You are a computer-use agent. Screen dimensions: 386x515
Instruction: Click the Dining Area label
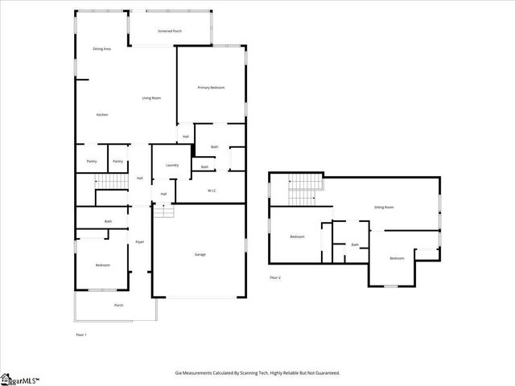pyautogui.click(x=101, y=49)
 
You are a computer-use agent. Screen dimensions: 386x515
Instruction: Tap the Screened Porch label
pyautogui.click(x=170, y=32)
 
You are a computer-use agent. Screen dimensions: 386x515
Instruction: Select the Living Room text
pyautogui.click(x=151, y=98)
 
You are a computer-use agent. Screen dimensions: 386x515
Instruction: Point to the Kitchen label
pyautogui.click(x=102, y=115)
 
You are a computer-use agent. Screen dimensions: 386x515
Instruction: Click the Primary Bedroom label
pyautogui.click(x=211, y=87)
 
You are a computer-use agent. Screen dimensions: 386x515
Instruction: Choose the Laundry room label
pyautogui.click(x=171, y=165)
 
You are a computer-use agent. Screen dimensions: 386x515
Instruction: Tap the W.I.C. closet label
pyautogui.click(x=212, y=191)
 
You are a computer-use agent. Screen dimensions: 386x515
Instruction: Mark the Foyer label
pyautogui.click(x=139, y=241)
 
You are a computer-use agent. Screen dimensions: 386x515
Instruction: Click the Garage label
pyautogui.click(x=200, y=254)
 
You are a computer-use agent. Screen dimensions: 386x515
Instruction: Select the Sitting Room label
pyautogui.click(x=384, y=207)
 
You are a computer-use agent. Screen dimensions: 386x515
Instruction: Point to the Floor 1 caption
pyautogui.click(x=81, y=334)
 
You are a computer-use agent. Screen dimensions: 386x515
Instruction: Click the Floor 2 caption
pyautogui.click(x=275, y=277)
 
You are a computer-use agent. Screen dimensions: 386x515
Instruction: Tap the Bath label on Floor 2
pyautogui.click(x=355, y=244)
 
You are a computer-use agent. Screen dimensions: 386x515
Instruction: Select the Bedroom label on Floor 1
pyautogui.click(x=102, y=265)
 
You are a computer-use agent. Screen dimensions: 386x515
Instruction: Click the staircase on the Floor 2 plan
pyautogui.click(x=305, y=191)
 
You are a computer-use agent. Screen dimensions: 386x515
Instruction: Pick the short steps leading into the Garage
pyautogui.click(x=164, y=211)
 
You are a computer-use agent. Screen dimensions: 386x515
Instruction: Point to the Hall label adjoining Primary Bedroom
pyautogui.click(x=185, y=137)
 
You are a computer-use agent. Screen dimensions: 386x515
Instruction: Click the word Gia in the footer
pyautogui.click(x=179, y=372)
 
